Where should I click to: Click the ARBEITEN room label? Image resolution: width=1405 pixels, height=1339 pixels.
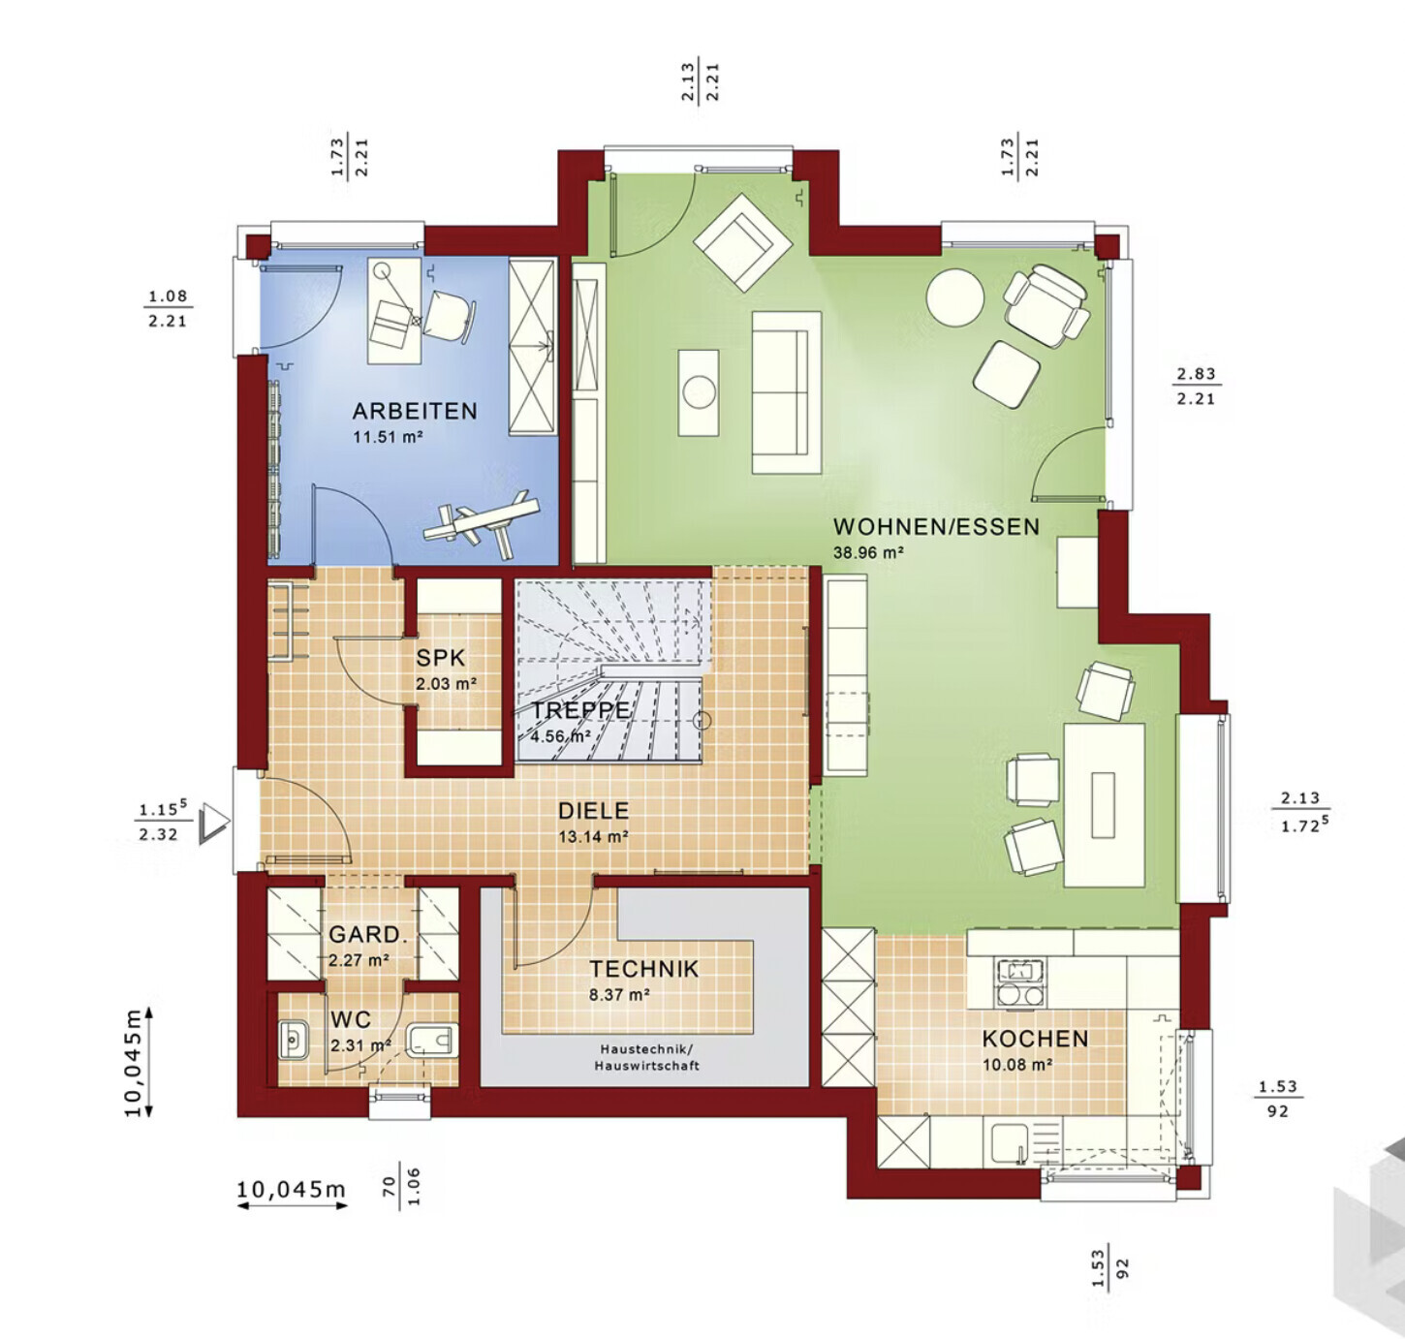tap(415, 411)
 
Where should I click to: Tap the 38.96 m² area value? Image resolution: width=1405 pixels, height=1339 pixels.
tap(868, 552)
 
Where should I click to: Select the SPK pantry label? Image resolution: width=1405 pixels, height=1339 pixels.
tap(441, 658)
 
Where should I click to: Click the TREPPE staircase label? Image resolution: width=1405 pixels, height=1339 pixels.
tap(580, 710)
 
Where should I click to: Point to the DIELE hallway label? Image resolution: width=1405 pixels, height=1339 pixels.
tap(593, 811)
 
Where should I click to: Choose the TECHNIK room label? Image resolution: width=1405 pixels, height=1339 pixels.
tap(644, 969)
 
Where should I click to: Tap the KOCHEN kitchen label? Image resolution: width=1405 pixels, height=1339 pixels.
tap(1035, 1039)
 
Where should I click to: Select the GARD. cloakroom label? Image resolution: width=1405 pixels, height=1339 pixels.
tap(367, 934)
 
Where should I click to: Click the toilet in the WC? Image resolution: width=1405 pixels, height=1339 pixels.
tap(431, 1041)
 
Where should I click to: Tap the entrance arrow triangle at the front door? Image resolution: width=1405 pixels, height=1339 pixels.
tap(214, 823)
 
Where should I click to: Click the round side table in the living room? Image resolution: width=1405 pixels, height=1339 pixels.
tap(954, 297)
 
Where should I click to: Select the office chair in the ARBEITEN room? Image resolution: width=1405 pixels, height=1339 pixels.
tap(451, 315)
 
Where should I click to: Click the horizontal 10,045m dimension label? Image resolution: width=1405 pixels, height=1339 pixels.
tap(291, 1189)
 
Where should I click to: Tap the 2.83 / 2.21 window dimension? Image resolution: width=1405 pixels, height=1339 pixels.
tap(1196, 386)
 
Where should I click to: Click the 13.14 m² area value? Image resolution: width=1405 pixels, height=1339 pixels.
tap(593, 836)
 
